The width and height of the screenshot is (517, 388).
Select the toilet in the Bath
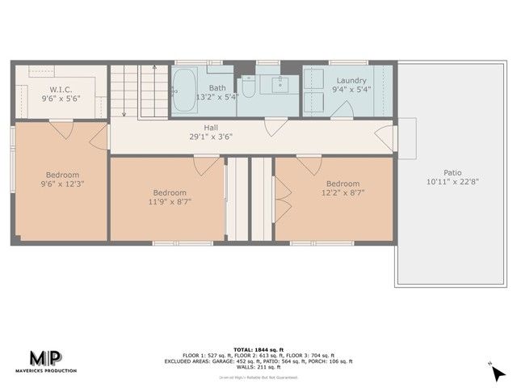pyautogui.click(x=249, y=87)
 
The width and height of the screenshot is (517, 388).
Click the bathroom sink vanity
pyautogui.click(x=281, y=84)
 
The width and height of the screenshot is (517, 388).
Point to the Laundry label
pyautogui.click(x=351, y=81)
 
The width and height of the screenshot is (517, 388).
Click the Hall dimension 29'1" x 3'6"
pyautogui.click(x=211, y=137)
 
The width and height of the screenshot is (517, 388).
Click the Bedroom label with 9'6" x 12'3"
pyautogui.click(x=62, y=175)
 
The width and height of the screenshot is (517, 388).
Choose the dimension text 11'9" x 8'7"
pyautogui.click(x=170, y=203)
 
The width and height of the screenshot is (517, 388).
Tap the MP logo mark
pyautogui.click(x=49, y=358)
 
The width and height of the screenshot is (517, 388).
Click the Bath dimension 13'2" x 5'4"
pyautogui.click(x=217, y=97)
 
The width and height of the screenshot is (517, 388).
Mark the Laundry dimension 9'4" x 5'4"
pyautogui.click(x=351, y=90)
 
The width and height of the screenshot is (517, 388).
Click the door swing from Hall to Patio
pyautogui.click(x=386, y=137)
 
